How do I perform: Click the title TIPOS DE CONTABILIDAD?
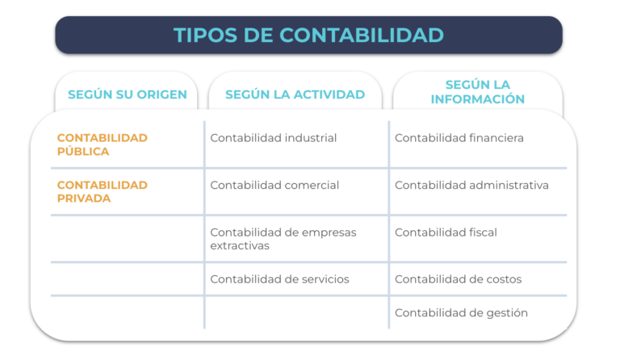click(308, 36)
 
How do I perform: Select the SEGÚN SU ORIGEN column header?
click(128, 94)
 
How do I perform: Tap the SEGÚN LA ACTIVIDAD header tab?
click(295, 94)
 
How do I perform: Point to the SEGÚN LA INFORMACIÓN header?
click(478, 92)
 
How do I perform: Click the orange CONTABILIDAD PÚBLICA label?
click(103, 144)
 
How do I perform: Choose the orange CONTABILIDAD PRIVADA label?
click(103, 191)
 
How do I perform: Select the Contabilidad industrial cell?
click(273, 138)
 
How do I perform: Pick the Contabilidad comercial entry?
click(274, 185)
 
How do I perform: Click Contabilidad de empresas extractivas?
click(283, 239)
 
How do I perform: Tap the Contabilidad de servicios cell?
click(279, 279)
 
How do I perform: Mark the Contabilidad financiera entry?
click(459, 138)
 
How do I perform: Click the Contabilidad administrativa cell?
click(471, 185)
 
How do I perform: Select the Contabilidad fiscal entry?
click(446, 232)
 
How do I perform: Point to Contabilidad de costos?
click(459, 279)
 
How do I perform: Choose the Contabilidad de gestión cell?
click(461, 313)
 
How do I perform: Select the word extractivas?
click(240, 246)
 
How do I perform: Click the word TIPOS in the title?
click(205, 36)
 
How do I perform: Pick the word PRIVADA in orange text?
click(84, 199)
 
